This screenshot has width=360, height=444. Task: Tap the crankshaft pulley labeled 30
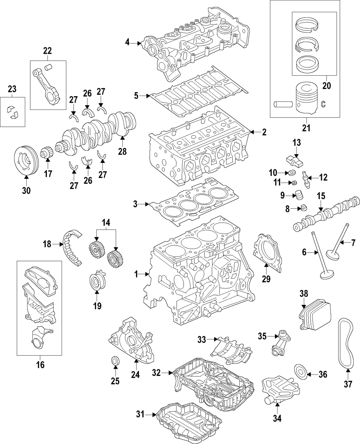click(x=26, y=160)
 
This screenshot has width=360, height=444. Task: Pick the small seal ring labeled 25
click(x=115, y=360)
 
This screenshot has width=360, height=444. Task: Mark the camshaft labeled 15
click(x=328, y=213)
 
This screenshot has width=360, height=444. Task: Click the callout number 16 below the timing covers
click(x=40, y=365)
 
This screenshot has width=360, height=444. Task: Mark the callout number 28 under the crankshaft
click(x=122, y=152)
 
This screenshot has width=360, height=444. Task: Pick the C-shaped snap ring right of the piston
click(x=323, y=104)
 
